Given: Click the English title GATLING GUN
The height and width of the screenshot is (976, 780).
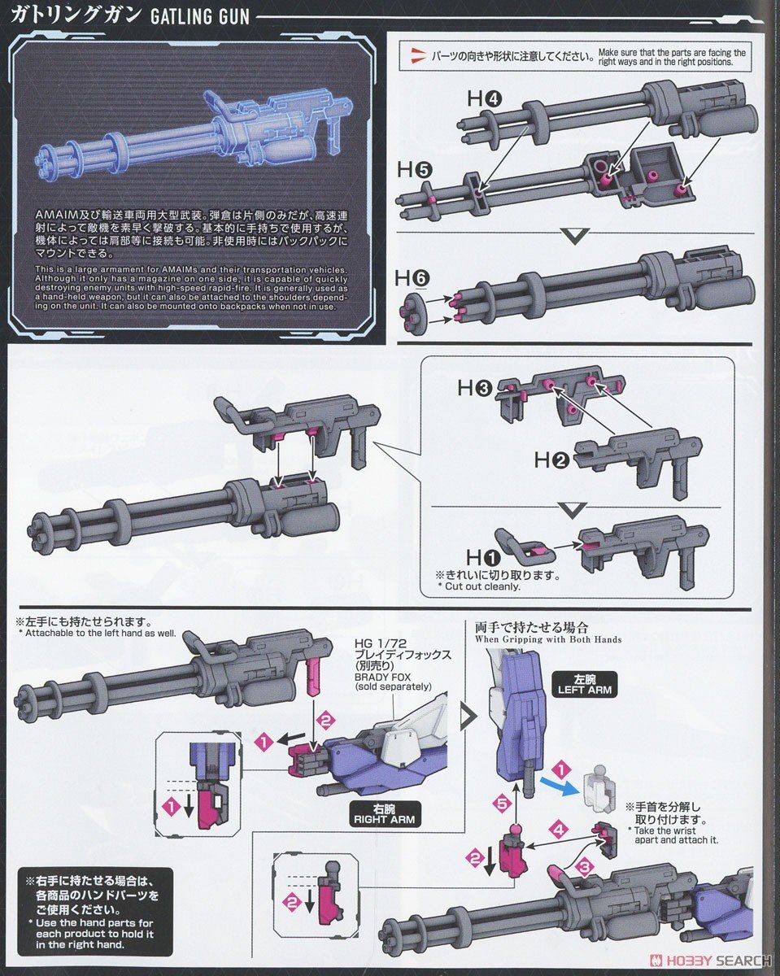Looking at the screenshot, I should point(199,16).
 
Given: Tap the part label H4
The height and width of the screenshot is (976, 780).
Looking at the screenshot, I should point(484,99).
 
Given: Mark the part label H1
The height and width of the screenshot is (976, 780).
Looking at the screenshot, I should point(482,557).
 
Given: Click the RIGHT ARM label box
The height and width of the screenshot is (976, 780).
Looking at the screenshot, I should point(383,814).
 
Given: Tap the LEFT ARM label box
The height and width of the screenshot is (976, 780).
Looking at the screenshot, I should point(584,683).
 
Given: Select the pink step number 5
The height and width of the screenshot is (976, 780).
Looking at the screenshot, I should point(502,804).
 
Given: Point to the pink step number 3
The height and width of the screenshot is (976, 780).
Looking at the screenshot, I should point(585,867).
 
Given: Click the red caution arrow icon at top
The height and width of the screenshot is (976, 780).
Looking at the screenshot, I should point(418,55).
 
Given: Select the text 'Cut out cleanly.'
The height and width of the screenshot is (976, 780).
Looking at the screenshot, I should point(478,586).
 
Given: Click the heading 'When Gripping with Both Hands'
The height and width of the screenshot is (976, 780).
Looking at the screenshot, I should point(549,639).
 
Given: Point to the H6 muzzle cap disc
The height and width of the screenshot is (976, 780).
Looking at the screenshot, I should point(413,308).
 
